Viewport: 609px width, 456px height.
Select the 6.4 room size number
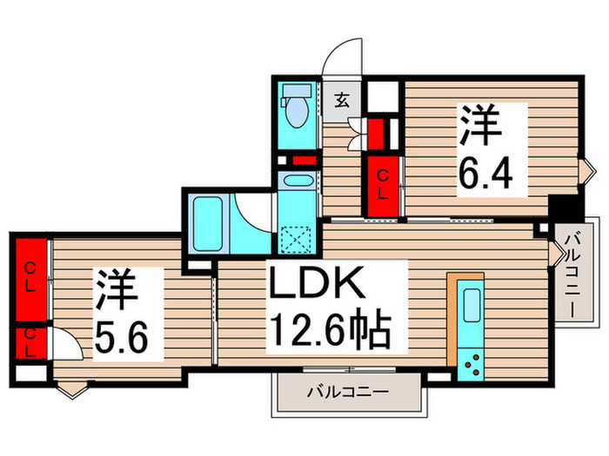point(492,180)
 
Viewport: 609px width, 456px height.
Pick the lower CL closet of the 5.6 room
point(30,341)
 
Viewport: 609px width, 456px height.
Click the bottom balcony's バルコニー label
point(347,393)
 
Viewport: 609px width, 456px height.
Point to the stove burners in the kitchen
point(473,363)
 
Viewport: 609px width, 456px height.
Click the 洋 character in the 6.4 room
point(481,127)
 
